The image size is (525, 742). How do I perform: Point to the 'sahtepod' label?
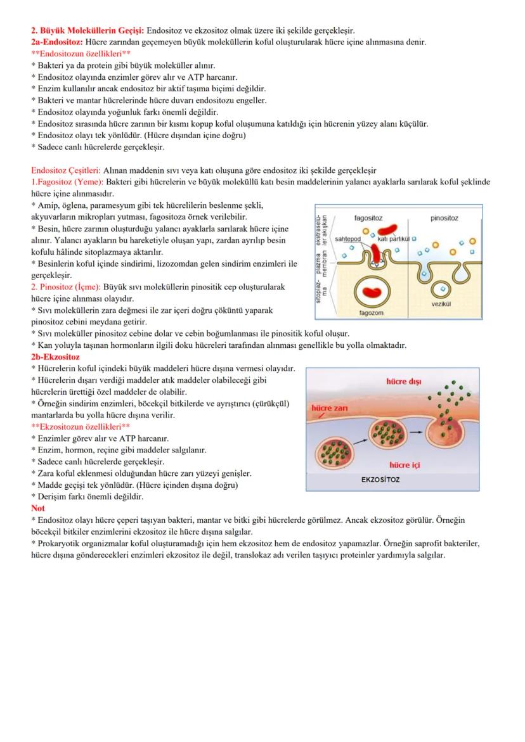pyautogui.click(x=347, y=239)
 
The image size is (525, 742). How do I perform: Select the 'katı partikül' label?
pyautogui.click(x=392, y=239)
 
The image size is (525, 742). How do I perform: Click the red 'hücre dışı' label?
pyautogui.click(x=403, y=381)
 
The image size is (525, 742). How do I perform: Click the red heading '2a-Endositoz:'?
pyautogui.click(x=56, y=42)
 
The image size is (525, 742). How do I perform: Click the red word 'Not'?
pyautogui.click(x=37, y=508)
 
